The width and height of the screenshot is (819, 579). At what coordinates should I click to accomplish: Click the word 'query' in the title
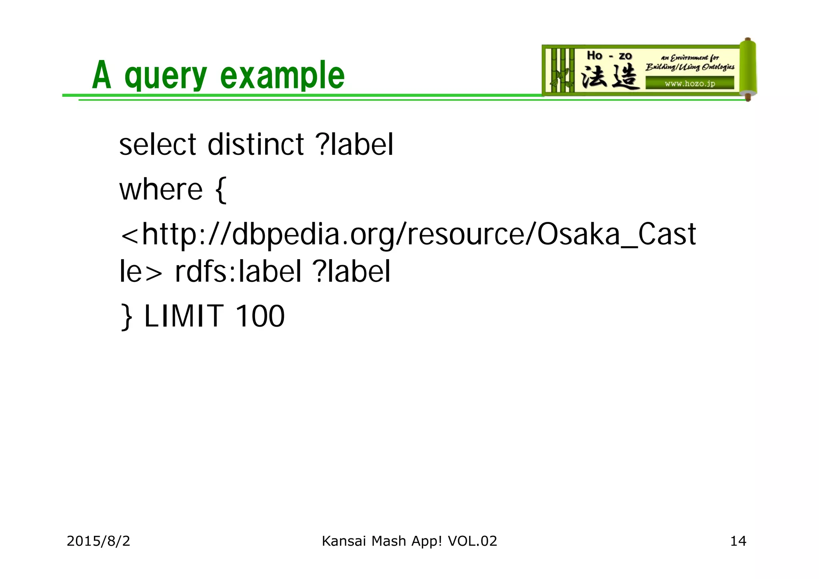tap(166, 76)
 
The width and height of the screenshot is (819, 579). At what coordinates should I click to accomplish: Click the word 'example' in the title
tap(282, 75)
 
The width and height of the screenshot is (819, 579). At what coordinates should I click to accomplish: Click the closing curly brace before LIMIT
tap(127, 317)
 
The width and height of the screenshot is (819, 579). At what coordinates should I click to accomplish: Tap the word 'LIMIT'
tap(184, 316)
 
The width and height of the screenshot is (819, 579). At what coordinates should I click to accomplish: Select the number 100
tap(260, 316)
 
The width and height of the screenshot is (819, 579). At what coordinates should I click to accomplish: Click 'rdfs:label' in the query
tap(238, 272)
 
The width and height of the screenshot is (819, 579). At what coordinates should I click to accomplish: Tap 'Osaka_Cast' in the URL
tap(616, 234)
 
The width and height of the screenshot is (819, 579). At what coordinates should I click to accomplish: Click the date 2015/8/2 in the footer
tap(98, 541)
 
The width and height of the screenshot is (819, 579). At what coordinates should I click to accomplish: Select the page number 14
tap(738, 541)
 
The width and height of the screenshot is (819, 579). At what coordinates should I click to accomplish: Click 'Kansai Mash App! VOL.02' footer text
tap(409, 541)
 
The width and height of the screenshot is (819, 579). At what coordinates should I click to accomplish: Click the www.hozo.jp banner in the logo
tap(689, 84)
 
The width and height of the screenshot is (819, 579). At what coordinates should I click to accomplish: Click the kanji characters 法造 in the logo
tap(609, 76)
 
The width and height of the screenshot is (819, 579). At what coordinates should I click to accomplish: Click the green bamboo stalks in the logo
tap(560, 70)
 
